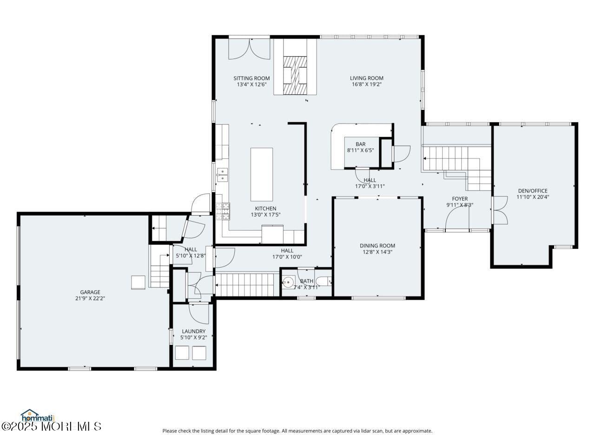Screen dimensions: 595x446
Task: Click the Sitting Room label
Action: click(251, 78)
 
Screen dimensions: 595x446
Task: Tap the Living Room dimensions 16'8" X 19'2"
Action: click(366, 84)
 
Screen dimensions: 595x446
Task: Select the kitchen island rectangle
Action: click(261, 174)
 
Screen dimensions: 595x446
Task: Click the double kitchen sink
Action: click(222, 175)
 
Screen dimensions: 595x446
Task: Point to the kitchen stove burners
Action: click(223, 211)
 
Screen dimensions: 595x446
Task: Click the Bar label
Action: click(360, 144)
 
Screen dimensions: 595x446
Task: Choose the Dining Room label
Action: click(377, 246)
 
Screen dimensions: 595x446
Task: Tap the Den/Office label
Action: click(532, 191)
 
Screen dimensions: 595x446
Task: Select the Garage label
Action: click(90, 292)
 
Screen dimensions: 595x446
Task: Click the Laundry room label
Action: click(193, 331)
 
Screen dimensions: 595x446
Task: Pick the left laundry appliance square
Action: click(182, 353)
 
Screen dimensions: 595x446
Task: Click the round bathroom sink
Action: click(288, 282)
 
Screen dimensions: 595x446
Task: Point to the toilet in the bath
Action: click(324, 282)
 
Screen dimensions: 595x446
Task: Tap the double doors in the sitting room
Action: click(249, 49)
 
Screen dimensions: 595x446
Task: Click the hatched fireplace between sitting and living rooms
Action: click(295, 75)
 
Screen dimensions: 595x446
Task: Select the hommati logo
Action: click(37, 415)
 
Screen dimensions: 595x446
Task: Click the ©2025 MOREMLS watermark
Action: click(51, 427)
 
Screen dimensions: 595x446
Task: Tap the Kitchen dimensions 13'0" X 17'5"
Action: click(265, 215)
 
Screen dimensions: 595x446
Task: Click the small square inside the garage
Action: click(138, 282)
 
